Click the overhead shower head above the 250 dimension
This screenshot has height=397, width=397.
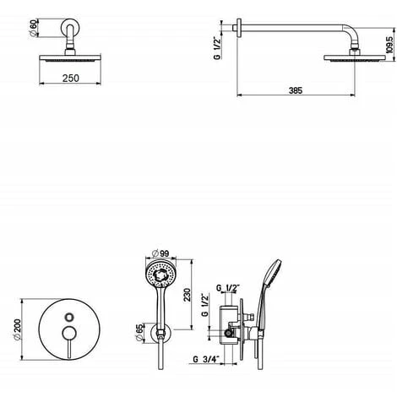[69, 58]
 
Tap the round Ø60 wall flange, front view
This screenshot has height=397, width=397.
[69, 35]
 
